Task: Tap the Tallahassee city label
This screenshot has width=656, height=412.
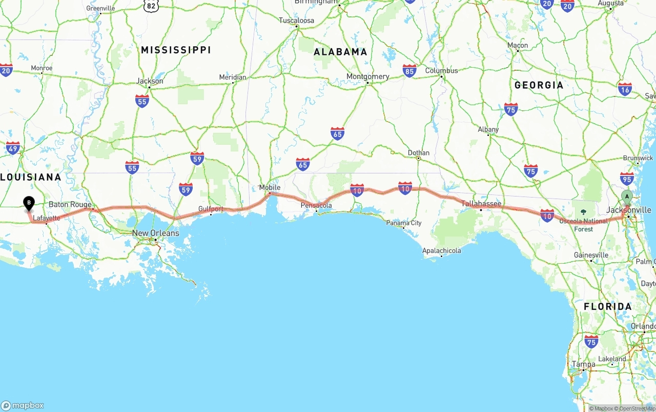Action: coord(481,204)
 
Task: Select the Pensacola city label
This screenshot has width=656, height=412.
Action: coord(316,205)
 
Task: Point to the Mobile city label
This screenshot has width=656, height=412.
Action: coord(270,187)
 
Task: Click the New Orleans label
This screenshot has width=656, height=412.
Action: coord(155,233)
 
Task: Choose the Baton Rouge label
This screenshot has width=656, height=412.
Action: coord(70,204)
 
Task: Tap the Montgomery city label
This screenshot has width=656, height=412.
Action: coord(367,76)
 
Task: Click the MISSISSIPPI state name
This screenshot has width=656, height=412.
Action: coord(176,50)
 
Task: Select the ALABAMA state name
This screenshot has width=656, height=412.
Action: coord(340,52)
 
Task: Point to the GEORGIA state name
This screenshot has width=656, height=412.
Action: coord(539,85)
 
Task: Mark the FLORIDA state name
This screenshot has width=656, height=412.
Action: coord(608,307)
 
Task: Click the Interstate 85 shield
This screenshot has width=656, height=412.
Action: coord(409,71)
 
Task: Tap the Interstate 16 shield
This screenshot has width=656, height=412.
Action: coord(625,89)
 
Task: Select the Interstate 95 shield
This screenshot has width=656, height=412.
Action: coord(626,178)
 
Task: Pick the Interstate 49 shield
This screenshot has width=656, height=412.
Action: coord(13,148)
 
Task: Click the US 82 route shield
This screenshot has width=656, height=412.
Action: coord(151,6)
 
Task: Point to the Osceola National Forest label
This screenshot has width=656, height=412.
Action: coord(583,225)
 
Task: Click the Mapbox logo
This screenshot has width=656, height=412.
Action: coord(23,405)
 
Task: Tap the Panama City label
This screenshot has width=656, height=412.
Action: coord(404,223)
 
